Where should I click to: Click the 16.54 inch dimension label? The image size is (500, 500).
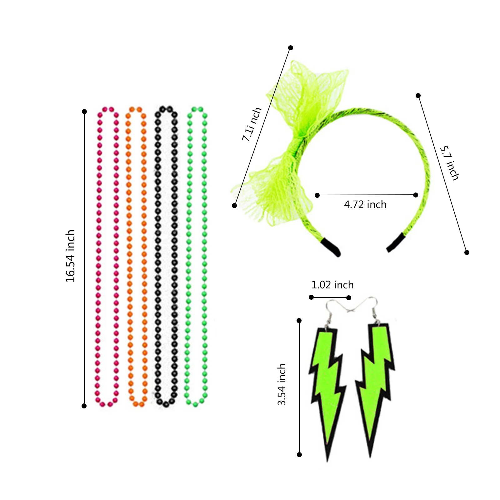click(70, 256)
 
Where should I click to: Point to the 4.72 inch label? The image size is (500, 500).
click(365, 205)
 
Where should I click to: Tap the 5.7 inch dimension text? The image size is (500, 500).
click(449, 163)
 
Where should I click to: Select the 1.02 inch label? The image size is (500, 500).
click(332, 285)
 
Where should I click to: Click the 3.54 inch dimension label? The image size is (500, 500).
click(282, 384)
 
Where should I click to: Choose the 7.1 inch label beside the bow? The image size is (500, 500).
click(252, 124)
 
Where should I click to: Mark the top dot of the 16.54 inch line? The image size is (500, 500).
click(84, 112)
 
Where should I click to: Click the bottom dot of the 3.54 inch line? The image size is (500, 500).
click(299, 455)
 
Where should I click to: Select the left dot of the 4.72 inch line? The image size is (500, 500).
click(317, 195)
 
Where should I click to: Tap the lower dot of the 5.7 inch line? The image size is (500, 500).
click(467, 252)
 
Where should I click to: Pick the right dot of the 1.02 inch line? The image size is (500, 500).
click(349, 298)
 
